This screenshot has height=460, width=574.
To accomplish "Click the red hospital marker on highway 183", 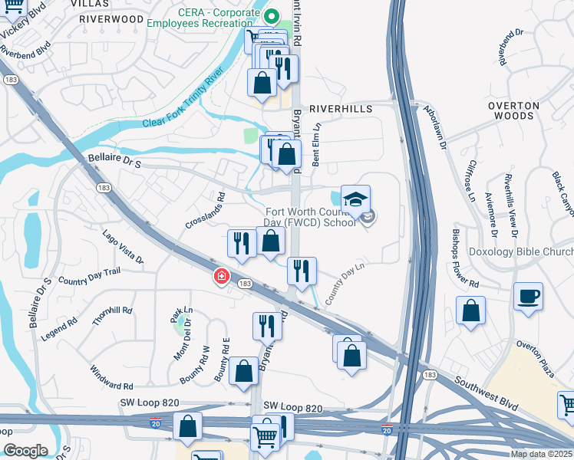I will (221, 276).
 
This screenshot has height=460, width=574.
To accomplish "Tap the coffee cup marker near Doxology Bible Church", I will (529, 297).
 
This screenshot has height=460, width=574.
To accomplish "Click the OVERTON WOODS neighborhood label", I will (513, 110).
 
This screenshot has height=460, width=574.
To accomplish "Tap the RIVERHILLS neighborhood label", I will (341, 110).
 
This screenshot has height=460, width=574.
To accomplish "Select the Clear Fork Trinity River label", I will (183, 98).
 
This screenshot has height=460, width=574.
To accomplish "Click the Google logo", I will (25, 450).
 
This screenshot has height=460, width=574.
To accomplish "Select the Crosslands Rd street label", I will (203, 212).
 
